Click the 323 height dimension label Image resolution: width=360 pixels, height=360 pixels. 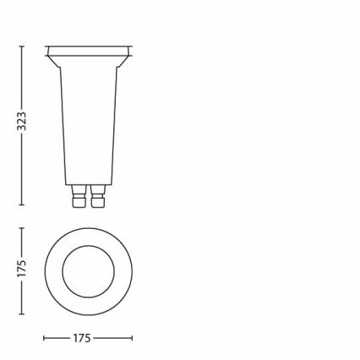click(x=22, y=122)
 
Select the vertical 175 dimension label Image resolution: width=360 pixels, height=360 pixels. click(x=22, y=269)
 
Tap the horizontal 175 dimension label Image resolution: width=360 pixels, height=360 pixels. click(x=82, y=338)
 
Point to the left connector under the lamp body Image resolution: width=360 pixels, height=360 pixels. click(x=79, y=196)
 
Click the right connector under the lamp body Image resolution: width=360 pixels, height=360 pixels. click(x=98, y=196)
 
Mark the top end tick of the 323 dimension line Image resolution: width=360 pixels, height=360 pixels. click(x=21, y=46)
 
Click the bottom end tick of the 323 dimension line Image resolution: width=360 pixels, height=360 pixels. click(x=21, y=205)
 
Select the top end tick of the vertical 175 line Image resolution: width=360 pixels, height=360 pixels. click(x=21, y=228)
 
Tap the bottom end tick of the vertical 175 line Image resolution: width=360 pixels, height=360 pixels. click(x=21, y=314)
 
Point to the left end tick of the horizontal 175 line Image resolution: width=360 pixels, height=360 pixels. click(x=44, y=338)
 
